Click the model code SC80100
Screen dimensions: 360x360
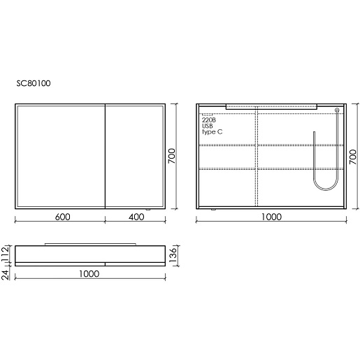(x=34, y=83)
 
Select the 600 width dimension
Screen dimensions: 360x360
(x=62, y=217)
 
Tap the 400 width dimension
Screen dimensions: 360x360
(x=136, y=217)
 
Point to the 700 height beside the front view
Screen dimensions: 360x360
(x=172, y=156)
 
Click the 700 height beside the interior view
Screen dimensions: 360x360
(x=353, y=157)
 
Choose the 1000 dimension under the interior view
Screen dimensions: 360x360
(x=271, y=217)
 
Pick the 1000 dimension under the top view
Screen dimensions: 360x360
(x=89, y=274)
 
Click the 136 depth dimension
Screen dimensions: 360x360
(x=173, y=255)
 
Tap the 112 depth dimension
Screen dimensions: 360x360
(x=5, y=254)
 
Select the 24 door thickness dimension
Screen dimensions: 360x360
(x=5, y=275)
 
